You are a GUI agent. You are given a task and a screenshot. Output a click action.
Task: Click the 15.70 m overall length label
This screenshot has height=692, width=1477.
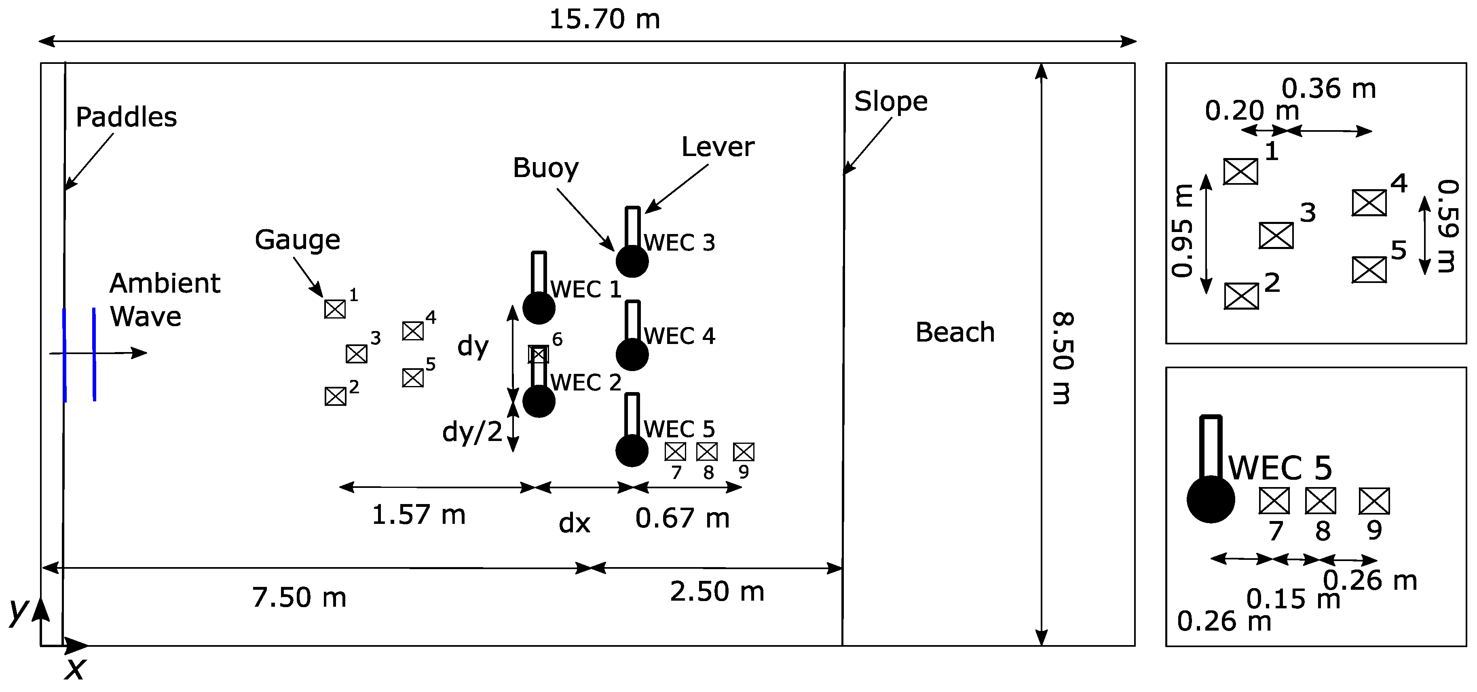click(604, 19)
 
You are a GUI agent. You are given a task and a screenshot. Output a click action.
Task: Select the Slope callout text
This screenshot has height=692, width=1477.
click(890, 102)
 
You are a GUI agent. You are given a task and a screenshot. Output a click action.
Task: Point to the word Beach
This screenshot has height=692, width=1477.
click(955, 333)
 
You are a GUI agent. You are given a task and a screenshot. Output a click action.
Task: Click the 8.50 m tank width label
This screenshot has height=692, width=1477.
click(1062, 358)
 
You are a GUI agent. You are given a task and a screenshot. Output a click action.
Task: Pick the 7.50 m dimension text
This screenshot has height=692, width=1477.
click(299, 598)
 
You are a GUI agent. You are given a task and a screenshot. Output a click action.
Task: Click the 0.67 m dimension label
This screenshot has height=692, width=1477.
click(683, 518)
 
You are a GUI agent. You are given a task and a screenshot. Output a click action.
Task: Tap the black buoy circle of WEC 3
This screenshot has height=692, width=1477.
click(632, 262)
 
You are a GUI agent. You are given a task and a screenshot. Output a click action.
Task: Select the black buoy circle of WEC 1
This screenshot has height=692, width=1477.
click(539, 308)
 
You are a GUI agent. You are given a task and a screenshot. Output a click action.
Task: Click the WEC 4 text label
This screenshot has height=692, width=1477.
click(679, 336)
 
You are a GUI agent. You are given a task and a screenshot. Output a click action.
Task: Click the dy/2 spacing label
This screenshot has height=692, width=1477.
click(472, 432)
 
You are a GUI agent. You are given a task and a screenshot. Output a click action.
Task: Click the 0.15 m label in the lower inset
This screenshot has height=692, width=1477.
click(1293, 599)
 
